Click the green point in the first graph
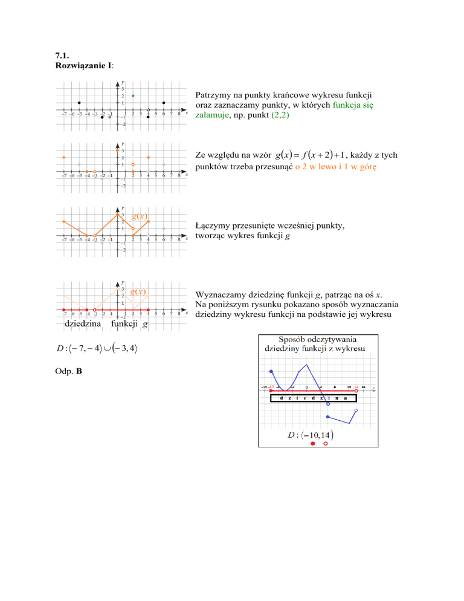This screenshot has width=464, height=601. (133, 96)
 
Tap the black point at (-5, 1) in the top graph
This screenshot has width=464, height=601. (79, 103)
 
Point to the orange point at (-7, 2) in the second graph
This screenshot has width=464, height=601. (64, 157)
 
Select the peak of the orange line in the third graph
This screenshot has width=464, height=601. (118, 215)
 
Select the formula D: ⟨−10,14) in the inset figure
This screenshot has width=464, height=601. (311, 435)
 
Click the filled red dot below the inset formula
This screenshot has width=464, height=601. (312, 444)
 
